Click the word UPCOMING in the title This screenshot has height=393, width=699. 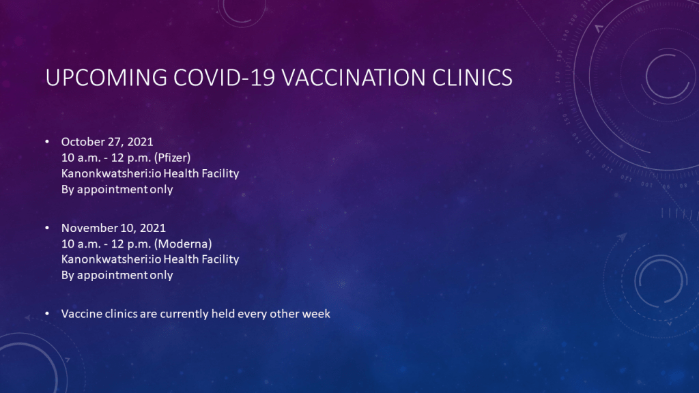(x=106, y=78)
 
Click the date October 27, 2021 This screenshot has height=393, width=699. (x=107, y=142)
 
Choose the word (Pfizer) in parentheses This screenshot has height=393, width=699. (x=173, y=158)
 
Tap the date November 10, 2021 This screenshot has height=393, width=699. (x=113, y=228)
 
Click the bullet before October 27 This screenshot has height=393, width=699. (x=47, y=142)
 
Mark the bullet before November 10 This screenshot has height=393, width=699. (x=47, y=228)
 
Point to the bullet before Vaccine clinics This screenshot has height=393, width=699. (x=47, y=314)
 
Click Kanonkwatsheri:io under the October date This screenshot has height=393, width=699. (x=111, y=173)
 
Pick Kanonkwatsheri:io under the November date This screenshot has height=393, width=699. (x=111, y=259)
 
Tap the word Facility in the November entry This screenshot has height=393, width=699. (x=220, y=260)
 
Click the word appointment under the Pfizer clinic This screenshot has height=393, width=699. (x=113, y=190)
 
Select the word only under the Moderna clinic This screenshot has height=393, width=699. (x=161, y=276)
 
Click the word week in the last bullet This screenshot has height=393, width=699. (x=316, y=314)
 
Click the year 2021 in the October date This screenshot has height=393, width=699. (x=140, y=142)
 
